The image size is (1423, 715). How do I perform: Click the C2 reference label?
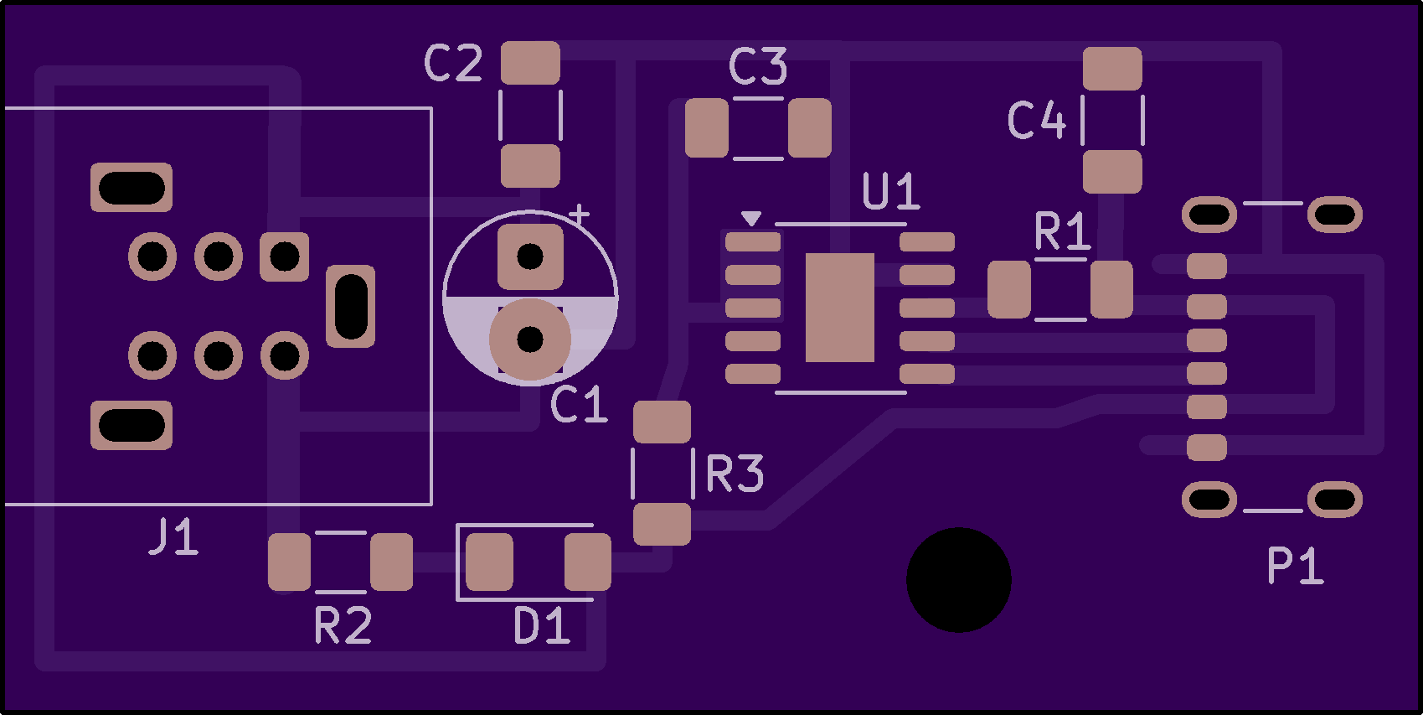[x=453, y=63]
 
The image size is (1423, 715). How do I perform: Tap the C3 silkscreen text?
[x=758, y=66]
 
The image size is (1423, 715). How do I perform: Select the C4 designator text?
[x=1036, y=120]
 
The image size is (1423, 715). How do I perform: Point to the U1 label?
[x=890, y=192]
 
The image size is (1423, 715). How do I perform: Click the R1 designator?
[x=1062, y=231]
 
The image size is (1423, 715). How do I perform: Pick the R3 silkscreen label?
[x=735, y=474]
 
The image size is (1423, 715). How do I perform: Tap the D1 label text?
[x=542, y=626]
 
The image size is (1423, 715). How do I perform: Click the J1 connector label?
[x=173, y=537]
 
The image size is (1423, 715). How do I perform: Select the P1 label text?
[x=1295, y=566]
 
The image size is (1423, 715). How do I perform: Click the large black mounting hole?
[x=958, y=579]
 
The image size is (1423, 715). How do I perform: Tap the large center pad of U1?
[x=839, y=308]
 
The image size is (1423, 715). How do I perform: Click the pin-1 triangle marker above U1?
[x=751, y=218]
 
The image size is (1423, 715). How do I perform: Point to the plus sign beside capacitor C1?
[x=579, y=215]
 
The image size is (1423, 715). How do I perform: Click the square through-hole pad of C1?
[x=530, y=256]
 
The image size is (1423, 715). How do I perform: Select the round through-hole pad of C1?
[x=530, y=339]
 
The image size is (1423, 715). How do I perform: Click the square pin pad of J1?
[x=284, y=256]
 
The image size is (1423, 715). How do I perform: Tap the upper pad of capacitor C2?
[x=530, y=63]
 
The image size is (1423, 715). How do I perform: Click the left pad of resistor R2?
[x=289, y=562]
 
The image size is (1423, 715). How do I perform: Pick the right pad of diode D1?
[x=587, y=562]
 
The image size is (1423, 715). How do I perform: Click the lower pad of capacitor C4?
[x=1112, y=172]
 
